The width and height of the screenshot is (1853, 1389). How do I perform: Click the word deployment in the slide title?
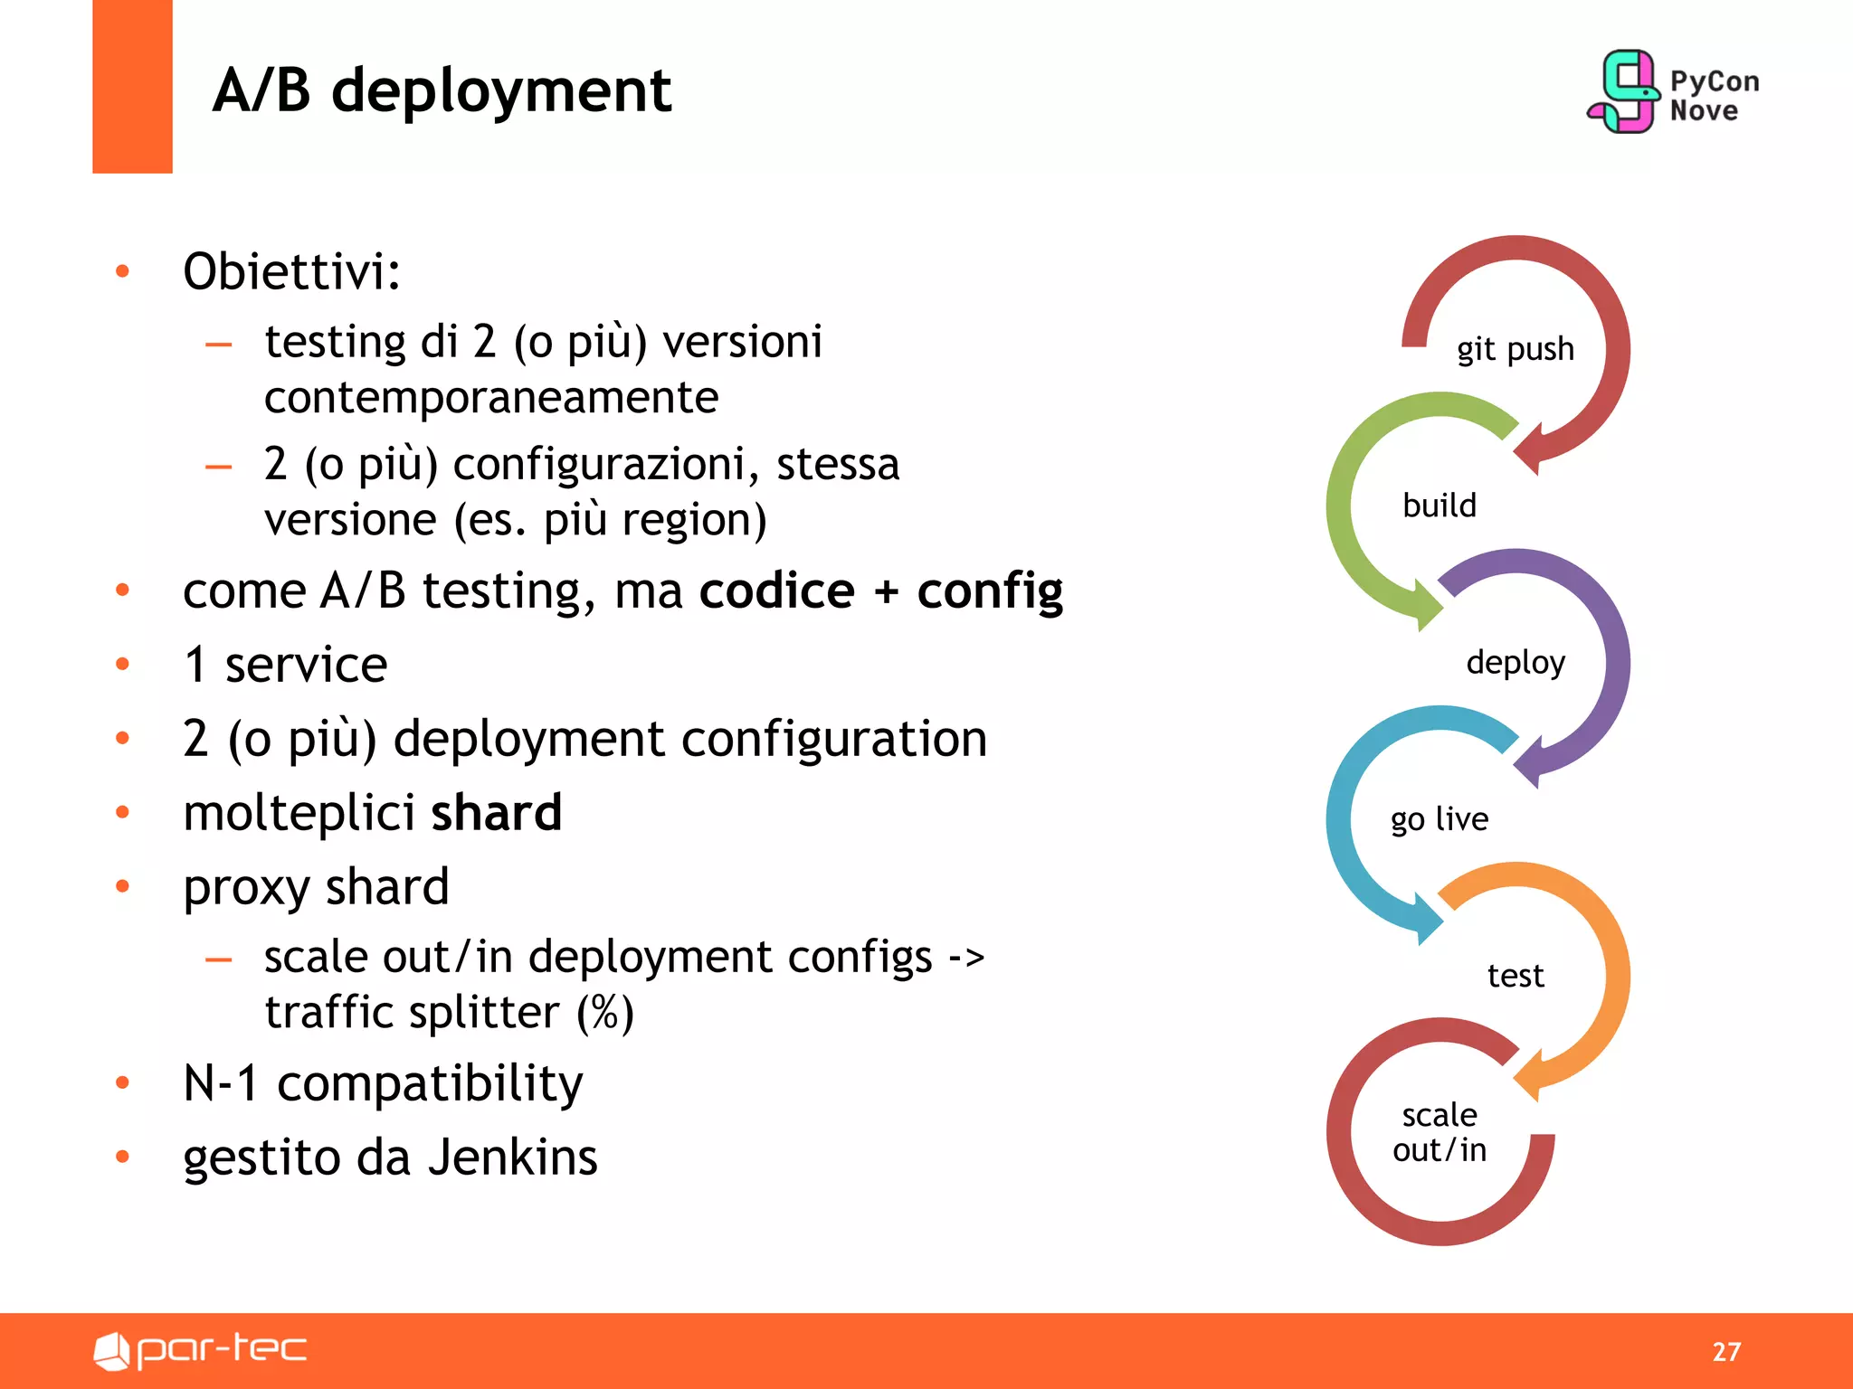click(x=501, y=92)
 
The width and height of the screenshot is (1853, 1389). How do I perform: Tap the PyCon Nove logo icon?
click(x=1625, y=92)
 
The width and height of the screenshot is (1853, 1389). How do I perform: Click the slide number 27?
click(x=1726, y=1351)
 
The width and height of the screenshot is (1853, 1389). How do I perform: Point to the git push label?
click(x=1515, y=349)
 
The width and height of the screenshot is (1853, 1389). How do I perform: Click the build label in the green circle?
click(x=1439, y=506)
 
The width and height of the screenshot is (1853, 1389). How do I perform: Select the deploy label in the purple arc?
click(x=1516, y=662)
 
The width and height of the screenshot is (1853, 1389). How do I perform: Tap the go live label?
click(x=1439, y=819)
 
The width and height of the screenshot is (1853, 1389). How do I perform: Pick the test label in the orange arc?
click(x=1516, y=976)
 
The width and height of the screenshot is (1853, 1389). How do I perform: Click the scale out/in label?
click(x=1439, y=1132)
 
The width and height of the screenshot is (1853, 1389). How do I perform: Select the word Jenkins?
click(x=512, y=1157)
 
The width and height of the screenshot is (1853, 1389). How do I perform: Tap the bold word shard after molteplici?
click(x=496, y=812)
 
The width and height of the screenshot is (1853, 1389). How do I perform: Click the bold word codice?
click(x=776, y=591)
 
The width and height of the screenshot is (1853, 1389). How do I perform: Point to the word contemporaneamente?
click(x=491, y=398)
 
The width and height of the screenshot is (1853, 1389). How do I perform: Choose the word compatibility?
click(x=430, y=1083)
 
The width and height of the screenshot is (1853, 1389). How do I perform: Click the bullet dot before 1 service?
click(x=123, y=665)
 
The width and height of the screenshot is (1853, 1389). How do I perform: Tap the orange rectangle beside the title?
click(x=132, y=86)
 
